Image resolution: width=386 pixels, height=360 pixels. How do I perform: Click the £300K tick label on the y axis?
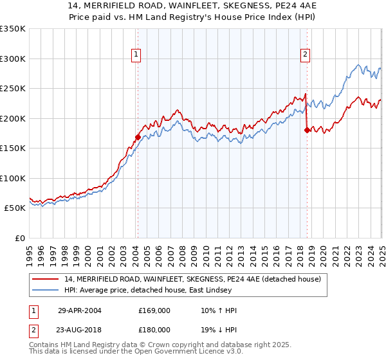13,59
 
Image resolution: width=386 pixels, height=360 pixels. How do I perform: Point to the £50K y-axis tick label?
15,208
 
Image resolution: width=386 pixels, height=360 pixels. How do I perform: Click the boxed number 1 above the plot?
137,55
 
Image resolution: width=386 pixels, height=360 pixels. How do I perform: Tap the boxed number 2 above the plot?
305,55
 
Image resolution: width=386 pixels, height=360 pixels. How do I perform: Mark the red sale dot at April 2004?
138,136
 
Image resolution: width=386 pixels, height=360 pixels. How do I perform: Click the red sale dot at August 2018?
307,130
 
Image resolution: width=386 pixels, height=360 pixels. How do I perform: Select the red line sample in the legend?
46,279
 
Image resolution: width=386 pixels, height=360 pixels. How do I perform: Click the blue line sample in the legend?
46,290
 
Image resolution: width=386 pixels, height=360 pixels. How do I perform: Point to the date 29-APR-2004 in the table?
80,310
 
